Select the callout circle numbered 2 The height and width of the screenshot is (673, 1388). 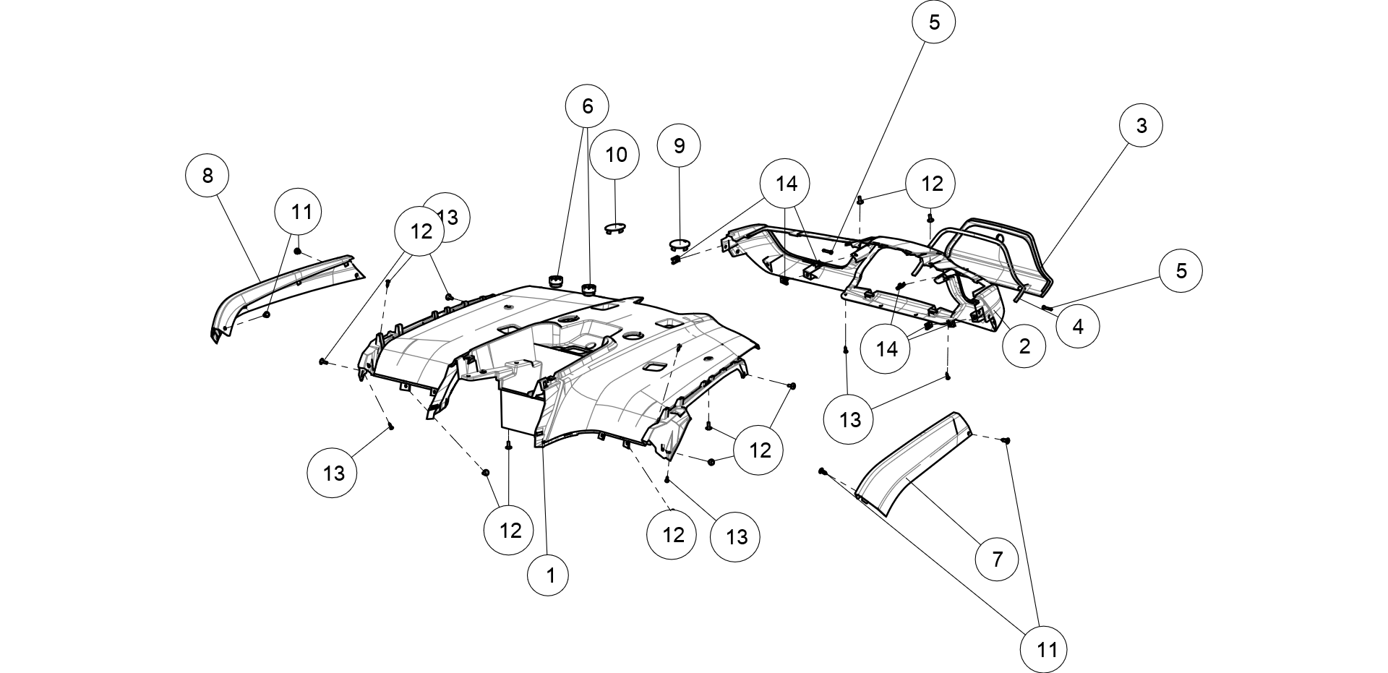[1024, 346]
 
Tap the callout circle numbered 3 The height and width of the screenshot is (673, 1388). [1141, 125]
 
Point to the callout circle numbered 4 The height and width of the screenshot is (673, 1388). [1078, 326]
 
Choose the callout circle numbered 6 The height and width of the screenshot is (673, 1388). [587, 106]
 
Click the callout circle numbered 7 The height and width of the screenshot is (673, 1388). [997, 558]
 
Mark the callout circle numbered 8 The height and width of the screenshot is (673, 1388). [207, 175]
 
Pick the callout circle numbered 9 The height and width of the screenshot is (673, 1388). [679, 145]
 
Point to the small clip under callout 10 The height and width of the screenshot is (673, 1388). [614, 228]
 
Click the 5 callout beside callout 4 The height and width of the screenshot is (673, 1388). [1181, 270]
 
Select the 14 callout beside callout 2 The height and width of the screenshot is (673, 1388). [886, 348]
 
